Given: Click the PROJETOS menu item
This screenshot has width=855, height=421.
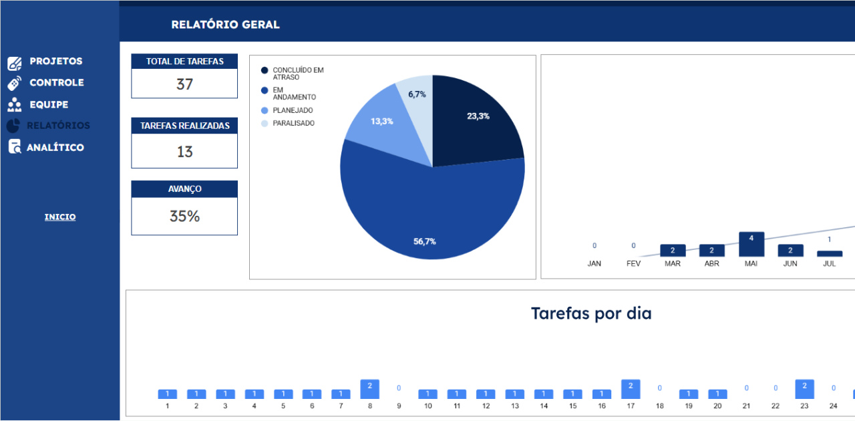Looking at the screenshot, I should [x=55, y=61].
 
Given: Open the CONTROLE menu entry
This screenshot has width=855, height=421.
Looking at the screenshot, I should [x=56, y=83].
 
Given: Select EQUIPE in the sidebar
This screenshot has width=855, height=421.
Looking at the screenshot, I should [x=48, y=105].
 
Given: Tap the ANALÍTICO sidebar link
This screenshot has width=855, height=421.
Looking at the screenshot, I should [x=55, y=148].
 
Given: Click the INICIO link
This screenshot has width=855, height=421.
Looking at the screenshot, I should [x=60, y=217].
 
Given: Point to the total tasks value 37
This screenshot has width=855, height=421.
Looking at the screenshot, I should [x=184, y=84].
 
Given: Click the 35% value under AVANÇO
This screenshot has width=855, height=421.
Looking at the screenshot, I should [x=184, y=217].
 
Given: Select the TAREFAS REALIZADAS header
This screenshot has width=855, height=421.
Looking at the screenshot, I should [x=184, y=126].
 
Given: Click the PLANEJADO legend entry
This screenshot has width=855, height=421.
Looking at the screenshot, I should [x=293, y=110].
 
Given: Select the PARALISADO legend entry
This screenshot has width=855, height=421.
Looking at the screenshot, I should [x=293, y=124].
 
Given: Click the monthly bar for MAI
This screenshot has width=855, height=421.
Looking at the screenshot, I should [x=751, y=245].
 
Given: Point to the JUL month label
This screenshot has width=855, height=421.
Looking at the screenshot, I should [x=830, y=263].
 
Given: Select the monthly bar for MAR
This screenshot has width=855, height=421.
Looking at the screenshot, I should [x=673, y=251].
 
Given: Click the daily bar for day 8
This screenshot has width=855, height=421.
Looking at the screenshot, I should [x=369, y=389].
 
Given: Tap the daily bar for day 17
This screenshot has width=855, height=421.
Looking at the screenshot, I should [x=631, y=389].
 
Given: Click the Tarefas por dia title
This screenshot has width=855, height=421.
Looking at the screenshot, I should [x=591, y=313].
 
